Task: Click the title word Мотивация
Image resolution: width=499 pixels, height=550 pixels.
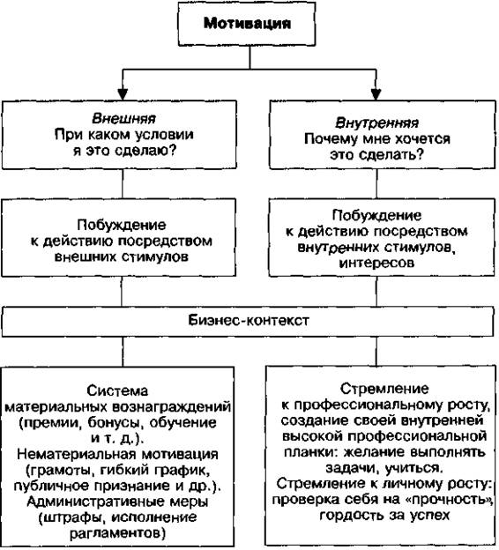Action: point(247,24)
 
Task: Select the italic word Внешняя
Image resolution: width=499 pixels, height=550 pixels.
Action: point(123,119)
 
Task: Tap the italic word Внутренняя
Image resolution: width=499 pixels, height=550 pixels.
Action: point(376,123)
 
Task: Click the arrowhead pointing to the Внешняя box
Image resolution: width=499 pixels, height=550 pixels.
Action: point(123,94)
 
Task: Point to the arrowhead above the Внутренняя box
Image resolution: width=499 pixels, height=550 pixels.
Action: point(376,94)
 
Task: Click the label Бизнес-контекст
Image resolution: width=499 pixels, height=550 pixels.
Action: point(249,320)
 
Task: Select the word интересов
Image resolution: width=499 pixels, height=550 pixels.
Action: point(376,263)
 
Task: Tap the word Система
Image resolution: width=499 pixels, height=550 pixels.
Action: point(117,390)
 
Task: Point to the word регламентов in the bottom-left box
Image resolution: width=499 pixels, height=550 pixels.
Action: point(117,533)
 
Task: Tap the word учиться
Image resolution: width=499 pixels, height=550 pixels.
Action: point(414,468)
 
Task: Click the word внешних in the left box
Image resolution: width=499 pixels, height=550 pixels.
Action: point(86,257)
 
